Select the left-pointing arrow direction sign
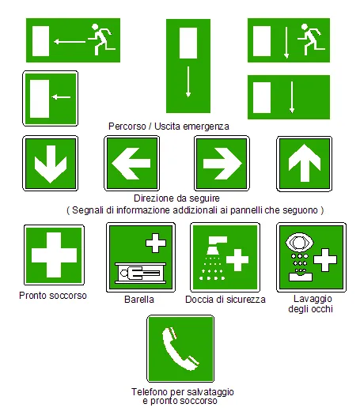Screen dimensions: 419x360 point(131,163)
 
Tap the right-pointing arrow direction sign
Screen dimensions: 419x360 point(222,163)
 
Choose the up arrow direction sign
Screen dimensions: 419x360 point(303,163)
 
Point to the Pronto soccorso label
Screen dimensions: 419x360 point(53,296)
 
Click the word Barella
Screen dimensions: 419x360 point(139,300)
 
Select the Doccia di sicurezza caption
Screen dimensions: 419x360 point(225,300)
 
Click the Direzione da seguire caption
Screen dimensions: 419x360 point(176,198)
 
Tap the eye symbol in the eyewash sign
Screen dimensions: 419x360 point(298,242)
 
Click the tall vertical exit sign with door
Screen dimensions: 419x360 point(188,66)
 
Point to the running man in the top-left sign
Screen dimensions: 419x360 point(101,36)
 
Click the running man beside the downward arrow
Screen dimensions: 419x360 point(309,36)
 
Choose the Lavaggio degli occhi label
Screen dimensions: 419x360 point(310,304)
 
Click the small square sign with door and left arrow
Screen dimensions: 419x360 point(50,98)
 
